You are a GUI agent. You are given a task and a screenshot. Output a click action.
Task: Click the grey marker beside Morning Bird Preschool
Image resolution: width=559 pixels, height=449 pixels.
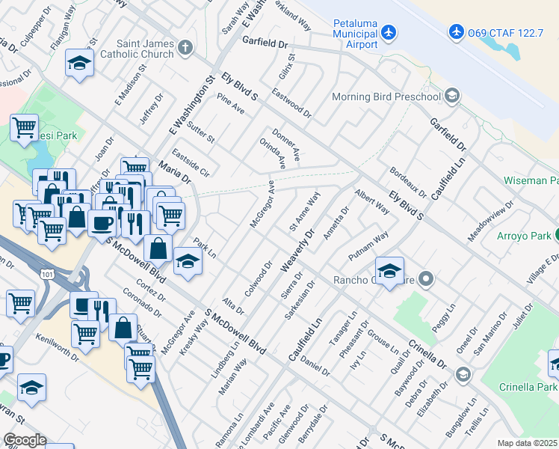pos(451,96)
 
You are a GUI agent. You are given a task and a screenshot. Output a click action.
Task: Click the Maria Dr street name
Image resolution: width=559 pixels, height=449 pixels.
pos(173,171)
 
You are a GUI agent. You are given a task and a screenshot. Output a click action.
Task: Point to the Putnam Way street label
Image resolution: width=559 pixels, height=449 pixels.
pos(368,245)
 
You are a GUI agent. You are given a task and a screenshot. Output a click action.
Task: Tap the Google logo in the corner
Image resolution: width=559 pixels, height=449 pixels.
pos(25,440)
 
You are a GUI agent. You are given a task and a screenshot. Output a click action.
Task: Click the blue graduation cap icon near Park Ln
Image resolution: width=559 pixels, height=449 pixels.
pos(188,261)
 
